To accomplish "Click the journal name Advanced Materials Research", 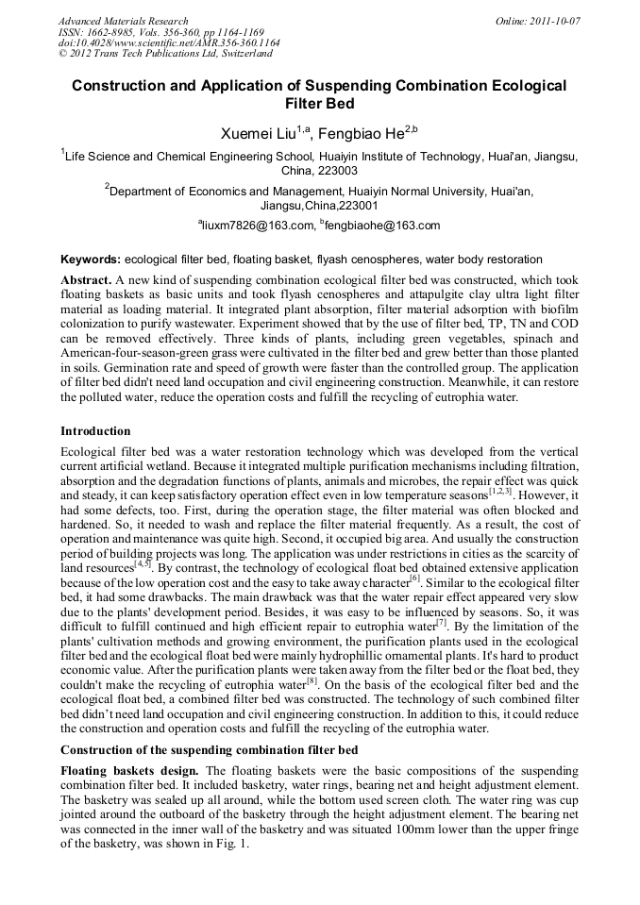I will click(124, 21).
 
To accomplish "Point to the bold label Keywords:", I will click(90, 259).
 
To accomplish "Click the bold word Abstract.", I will click(86, 281).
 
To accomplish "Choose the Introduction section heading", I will click(95, 431).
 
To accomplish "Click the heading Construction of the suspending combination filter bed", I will click(209, 750).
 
